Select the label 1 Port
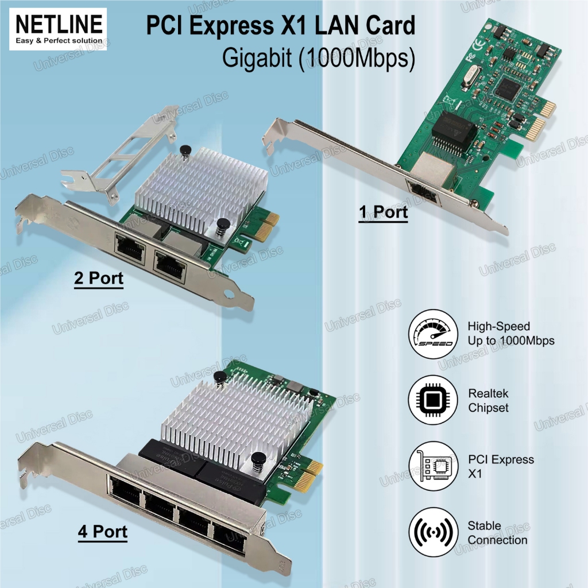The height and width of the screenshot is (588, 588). tap(383, 212)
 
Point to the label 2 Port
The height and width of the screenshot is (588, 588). tap(99, 278)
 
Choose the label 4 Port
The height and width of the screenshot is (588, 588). tap(103, 532)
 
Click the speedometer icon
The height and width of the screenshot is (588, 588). tap(432, 334)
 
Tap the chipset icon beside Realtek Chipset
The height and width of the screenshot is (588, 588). tap(432, 400)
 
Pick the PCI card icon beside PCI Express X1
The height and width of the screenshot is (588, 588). tap(432, 466)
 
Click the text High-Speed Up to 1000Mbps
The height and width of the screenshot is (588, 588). tap(511, 334)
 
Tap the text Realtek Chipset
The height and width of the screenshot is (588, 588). tap(488, 400)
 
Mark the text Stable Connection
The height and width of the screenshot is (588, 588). tap(497, 533)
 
